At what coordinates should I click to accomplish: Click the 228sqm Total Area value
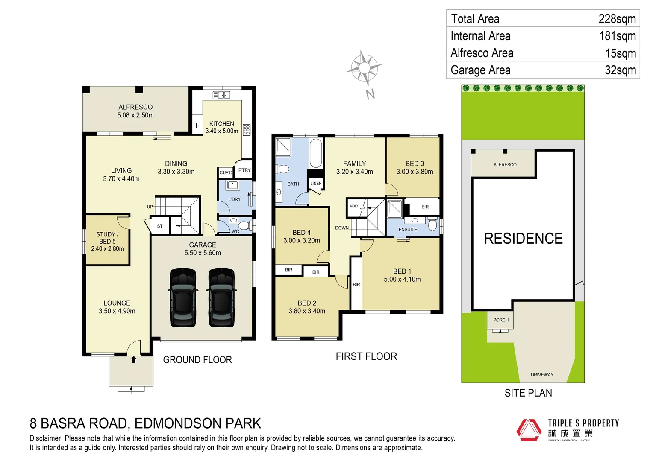617,19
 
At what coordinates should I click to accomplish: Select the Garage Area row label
480,70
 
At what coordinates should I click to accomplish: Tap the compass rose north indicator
364,68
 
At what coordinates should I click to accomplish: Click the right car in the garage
221,298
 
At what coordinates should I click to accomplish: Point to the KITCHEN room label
221,124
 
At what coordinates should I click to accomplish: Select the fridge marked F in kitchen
197,125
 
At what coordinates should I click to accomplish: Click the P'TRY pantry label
244,170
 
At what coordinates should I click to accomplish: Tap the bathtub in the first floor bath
315,153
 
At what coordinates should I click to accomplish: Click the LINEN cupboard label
316,184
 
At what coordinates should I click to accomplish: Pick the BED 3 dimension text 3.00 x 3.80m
415,172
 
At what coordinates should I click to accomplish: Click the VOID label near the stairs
354,206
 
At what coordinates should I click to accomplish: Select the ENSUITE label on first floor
408,230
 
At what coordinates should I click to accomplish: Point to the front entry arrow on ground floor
134,359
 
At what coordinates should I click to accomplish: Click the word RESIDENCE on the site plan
523,239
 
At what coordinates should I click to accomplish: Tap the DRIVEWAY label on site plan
542,375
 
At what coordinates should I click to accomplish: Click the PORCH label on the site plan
501,320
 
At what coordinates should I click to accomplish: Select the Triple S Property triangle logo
529,429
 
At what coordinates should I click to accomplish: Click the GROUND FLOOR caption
197,360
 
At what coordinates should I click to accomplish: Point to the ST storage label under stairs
160,226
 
